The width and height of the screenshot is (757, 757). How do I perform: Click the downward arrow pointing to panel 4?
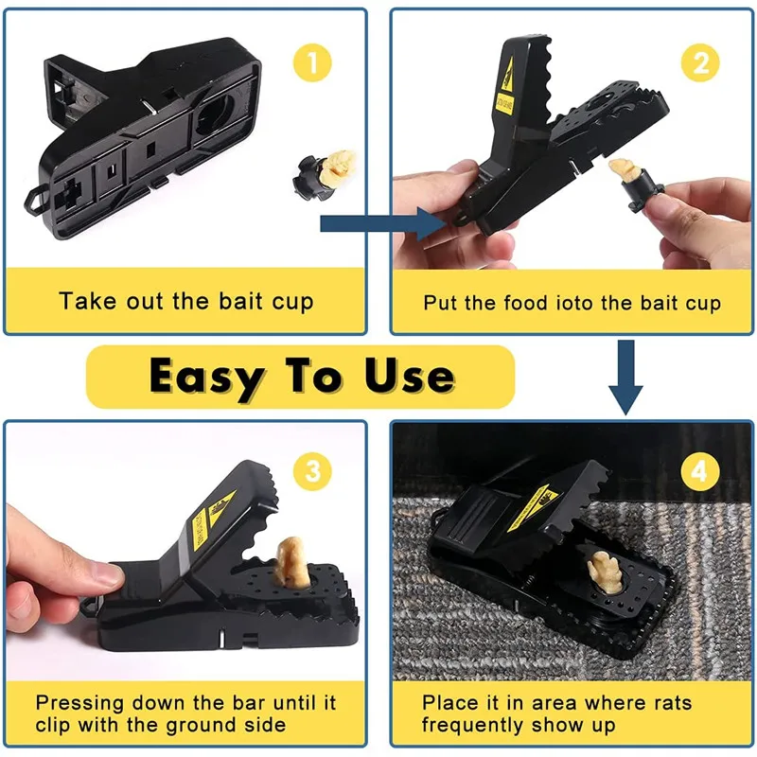624,378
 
